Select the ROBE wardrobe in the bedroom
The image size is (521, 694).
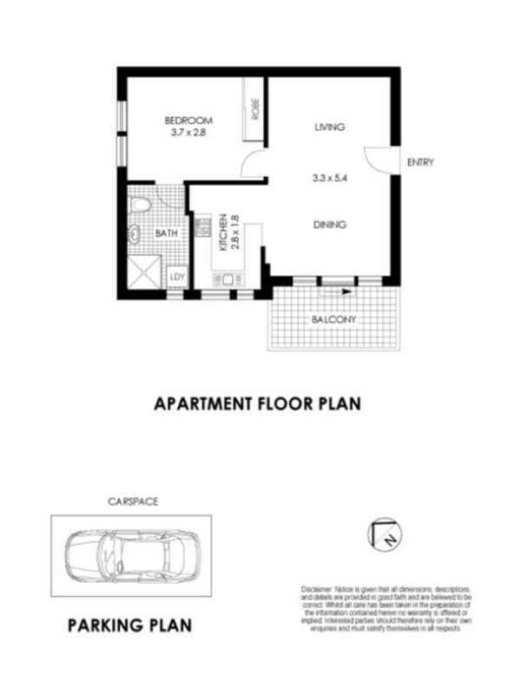click(255, 109)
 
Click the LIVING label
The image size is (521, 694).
click(330, 127)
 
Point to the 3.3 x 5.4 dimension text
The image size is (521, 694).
click(330, 178)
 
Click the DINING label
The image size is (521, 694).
click(330, 225)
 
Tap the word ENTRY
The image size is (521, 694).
click(419, 162)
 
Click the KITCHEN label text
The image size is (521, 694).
click(223, 232)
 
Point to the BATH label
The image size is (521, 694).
click(167, 233)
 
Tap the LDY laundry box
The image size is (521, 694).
click(176, 278)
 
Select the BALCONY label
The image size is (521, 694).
click(334, 318)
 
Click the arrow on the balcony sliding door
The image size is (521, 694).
click(346, 292)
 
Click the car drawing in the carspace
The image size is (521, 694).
click(130, 555)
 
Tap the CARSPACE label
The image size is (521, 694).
click(132, 501)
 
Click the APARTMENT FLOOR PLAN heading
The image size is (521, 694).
click(256, 403)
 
